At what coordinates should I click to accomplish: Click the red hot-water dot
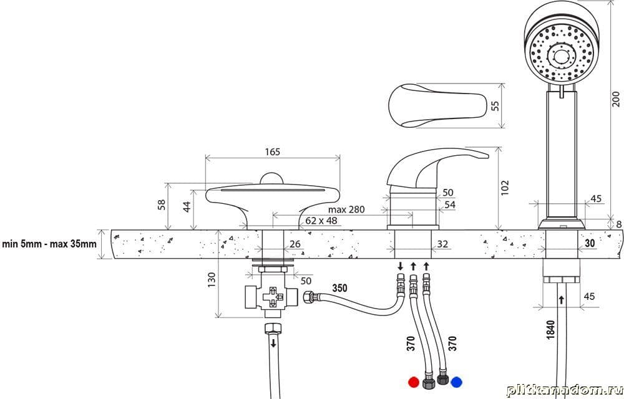tap(412, 382)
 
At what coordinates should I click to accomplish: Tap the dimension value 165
tap(273, 151)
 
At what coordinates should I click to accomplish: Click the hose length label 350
tap(340, 289)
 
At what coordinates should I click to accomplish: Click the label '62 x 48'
tap(321, 221)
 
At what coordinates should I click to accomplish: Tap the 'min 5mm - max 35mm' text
tap(49, 244)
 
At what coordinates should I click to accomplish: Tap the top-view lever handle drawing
tap(437, 106)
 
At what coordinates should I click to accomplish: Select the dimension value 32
tap(442, 244)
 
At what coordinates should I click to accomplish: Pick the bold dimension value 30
tap(590, 244)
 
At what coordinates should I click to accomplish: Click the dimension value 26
tap(295, 244)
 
